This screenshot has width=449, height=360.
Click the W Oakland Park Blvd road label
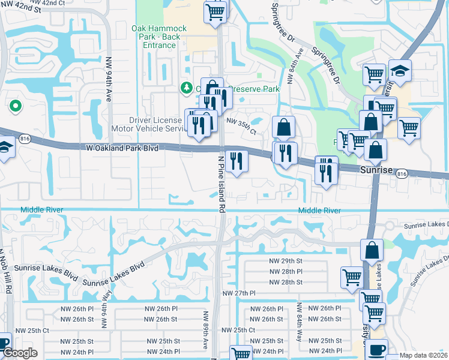pos(122,147)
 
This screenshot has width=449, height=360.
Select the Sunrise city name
pos(376,171)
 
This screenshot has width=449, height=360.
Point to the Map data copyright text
pos(423,355)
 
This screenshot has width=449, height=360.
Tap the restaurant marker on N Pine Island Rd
pos(238,161)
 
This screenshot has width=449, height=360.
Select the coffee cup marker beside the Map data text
pos(376,349)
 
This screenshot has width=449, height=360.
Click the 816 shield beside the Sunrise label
pos(402,172)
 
